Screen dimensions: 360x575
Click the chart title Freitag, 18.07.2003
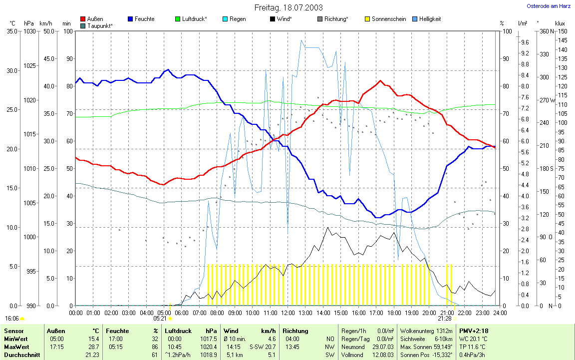(x=288, y=7)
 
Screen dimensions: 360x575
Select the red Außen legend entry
(x=95, y=19)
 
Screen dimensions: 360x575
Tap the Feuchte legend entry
(x=144, y=19)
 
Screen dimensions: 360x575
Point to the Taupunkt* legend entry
(x=99, y=25)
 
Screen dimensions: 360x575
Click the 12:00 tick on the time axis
(x=287, y=313)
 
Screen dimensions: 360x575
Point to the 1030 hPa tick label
(x=29, y=31)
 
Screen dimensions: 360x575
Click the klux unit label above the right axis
(x=560, y=23)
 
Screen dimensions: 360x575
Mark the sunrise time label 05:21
(x=160, y=318)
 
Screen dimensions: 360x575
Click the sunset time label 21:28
(x=444, y=318)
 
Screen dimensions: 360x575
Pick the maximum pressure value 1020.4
(x=208, y=347)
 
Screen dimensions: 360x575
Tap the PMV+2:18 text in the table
(x=474, y=331)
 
